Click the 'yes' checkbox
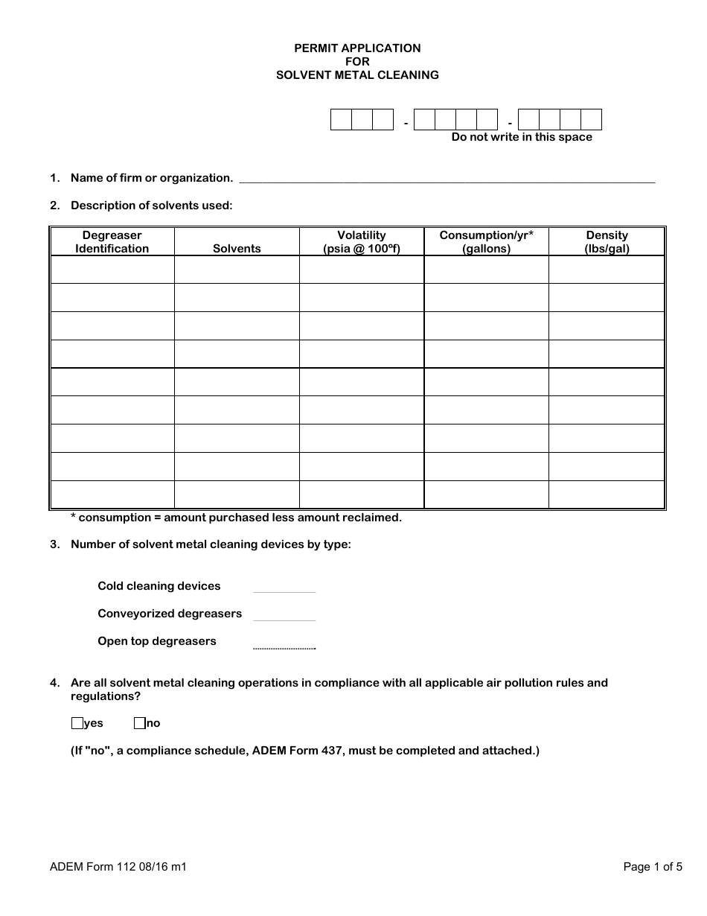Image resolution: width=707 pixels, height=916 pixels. (77, 723)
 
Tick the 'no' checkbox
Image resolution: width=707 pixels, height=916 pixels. (139, 723)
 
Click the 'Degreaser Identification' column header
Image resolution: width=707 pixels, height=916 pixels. (112, 242)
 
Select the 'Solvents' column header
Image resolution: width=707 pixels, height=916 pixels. (237, 249)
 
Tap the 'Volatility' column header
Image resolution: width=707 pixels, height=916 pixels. (362, 242)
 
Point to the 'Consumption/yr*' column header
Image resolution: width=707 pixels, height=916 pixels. (486, 242)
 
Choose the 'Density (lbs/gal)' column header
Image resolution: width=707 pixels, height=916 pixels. (607, 242)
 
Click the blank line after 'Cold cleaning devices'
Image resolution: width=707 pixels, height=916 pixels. (284, 588)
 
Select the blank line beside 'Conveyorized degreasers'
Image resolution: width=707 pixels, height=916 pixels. (284, 616)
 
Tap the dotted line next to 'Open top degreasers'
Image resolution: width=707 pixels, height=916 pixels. (284, 645)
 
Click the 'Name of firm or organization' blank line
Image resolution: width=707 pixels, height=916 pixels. (447, 179)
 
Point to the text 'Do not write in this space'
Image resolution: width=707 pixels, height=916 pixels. (522, 137)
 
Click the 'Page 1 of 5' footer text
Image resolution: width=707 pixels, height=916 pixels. (653, 867)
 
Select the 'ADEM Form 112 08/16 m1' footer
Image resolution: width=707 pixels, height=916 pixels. (118, 867)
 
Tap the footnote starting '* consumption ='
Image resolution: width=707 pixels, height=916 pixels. (236, 518)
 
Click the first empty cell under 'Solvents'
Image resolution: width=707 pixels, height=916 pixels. (237, 270)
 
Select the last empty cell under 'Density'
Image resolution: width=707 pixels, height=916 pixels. (607, 494)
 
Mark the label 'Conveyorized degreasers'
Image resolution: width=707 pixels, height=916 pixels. (170, 614)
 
